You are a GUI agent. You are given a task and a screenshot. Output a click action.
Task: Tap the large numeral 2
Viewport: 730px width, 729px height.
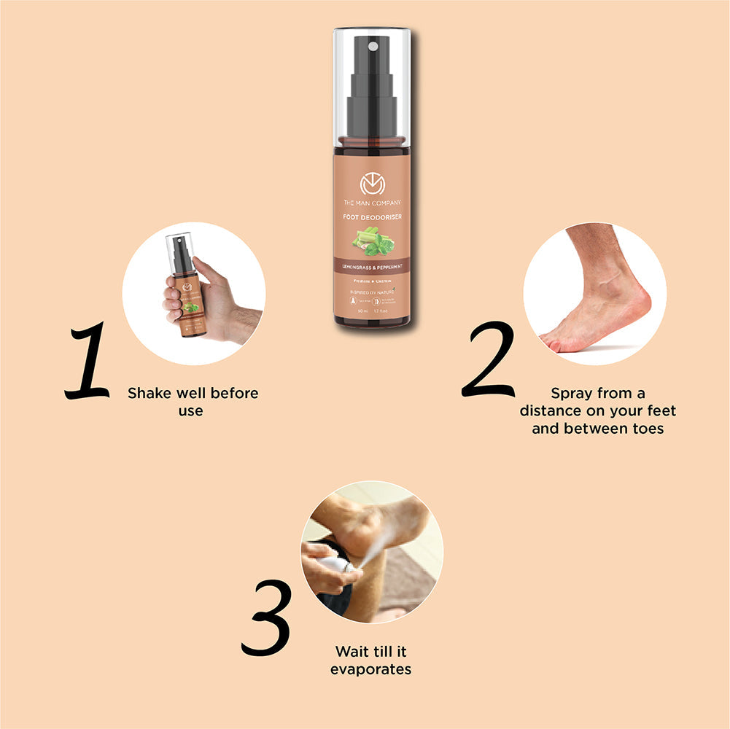(x=488, y=359)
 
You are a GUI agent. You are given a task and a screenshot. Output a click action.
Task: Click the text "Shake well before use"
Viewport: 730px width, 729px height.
(x=193, y=401)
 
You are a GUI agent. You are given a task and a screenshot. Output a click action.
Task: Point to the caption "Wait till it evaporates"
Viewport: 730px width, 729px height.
(x=370, y=660)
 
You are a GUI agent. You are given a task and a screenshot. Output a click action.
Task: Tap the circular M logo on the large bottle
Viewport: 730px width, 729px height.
(x=372, y=185)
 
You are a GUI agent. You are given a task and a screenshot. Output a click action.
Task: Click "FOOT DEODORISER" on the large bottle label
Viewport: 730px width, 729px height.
(x=372, y=217)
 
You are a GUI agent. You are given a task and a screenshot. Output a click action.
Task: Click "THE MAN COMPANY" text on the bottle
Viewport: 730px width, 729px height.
(x=372, y=203)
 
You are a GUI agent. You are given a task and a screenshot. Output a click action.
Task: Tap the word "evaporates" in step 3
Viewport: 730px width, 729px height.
(x=370, y=668)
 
